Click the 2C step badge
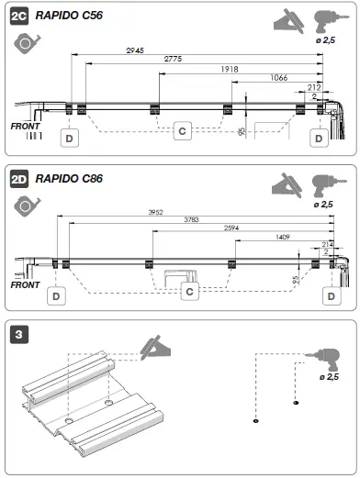[17, 17]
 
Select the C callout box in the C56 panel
[182, 132]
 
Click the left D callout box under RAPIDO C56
[69, 138]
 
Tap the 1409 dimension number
[284, 238]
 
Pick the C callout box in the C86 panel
[189, 292]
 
